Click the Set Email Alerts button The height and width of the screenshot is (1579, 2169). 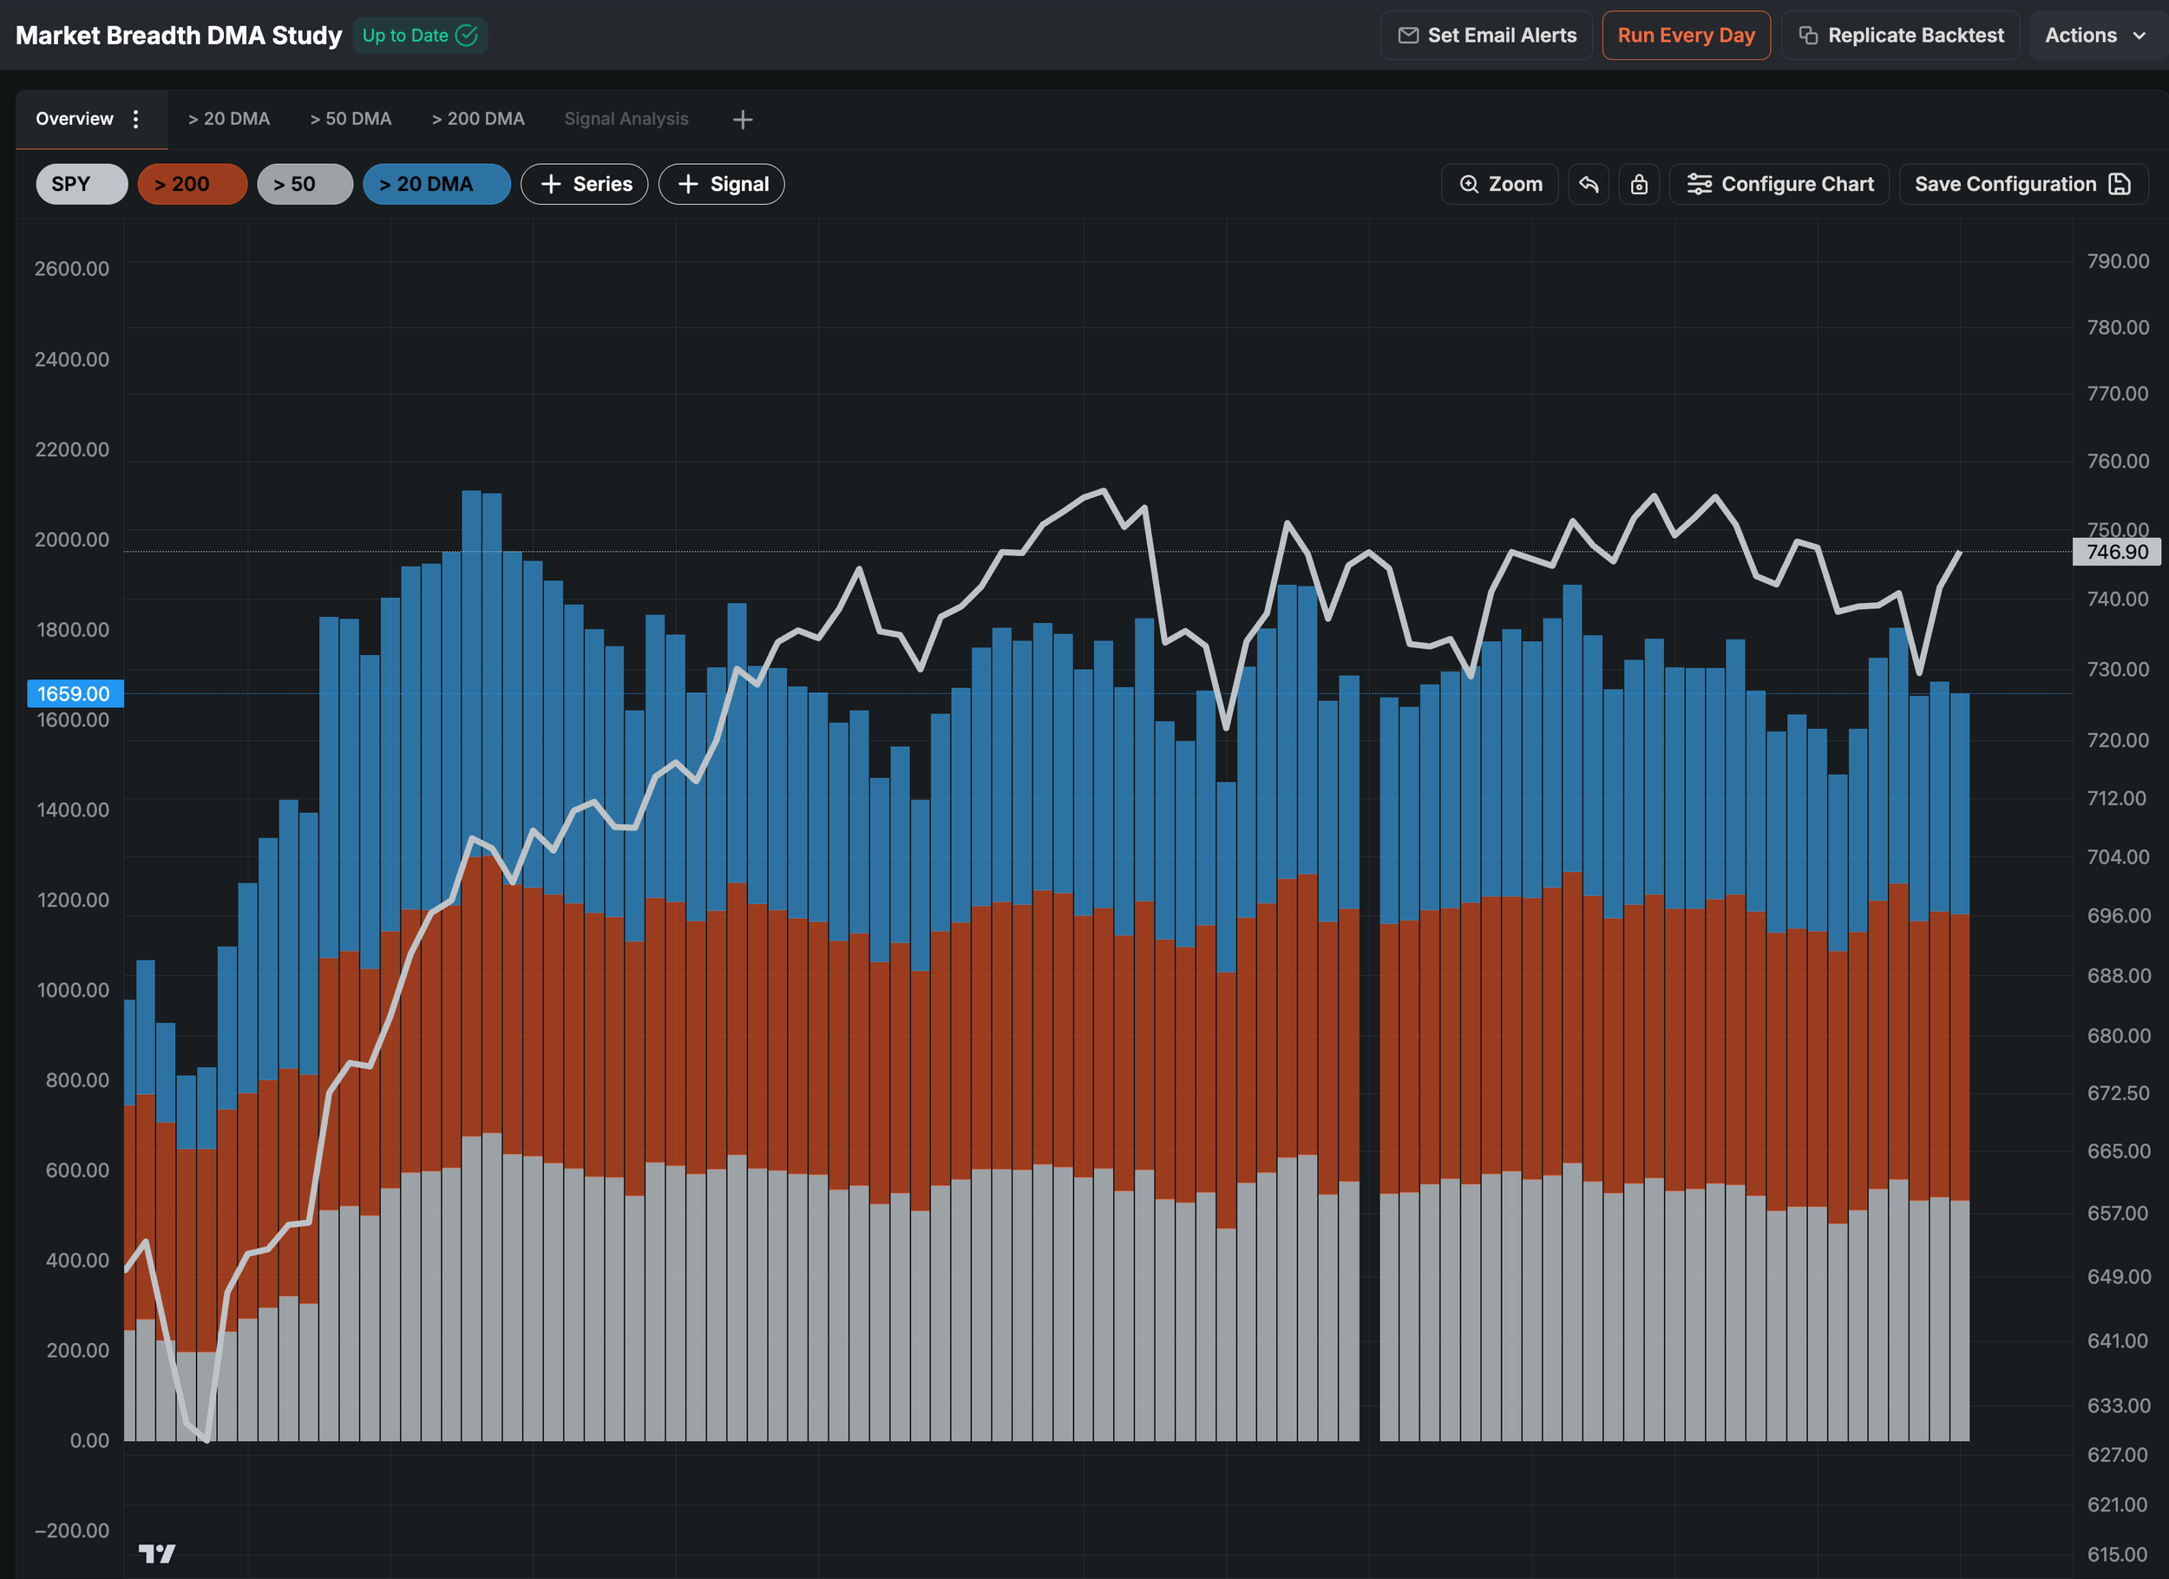pos(1486,36)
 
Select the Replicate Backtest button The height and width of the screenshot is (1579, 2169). pos(1900,36)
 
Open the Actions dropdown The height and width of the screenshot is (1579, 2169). pos(2094,36)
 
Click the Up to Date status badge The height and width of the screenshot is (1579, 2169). pos(420,36)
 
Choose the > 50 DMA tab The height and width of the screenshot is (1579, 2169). pos(351,119)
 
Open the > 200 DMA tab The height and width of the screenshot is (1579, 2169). pos(478,119)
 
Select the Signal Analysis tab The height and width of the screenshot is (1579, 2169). pos(626,119)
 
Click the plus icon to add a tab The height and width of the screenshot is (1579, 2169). pos(742,120)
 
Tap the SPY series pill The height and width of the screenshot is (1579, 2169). pos(82,184)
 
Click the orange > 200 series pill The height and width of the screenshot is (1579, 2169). pos(193,184)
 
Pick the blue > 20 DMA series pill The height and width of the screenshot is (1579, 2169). pos(436,184)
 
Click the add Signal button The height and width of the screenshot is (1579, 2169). pos(721,184)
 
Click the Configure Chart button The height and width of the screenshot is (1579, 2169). pos(1779,184)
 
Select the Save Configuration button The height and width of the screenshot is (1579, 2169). pos(2022,184)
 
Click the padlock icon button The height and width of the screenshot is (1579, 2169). pos(1638,184)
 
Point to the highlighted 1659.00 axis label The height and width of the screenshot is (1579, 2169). pos(75,693)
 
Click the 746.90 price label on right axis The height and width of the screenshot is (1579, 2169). pos(2116,552)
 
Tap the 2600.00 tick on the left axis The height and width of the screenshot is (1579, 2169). pos(72,269)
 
